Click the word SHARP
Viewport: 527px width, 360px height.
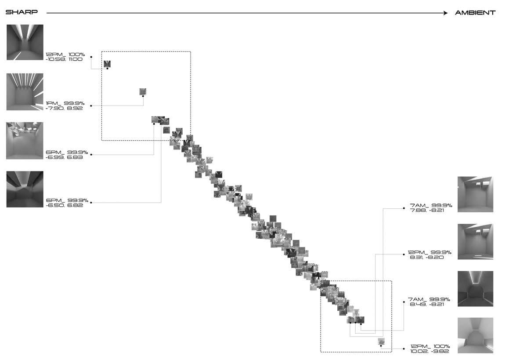coord(22,13)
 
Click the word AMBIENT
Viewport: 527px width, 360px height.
coord(475,13)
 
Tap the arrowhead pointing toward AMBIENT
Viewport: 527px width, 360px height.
coord(445,13)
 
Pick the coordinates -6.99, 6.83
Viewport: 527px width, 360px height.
coord(64,157)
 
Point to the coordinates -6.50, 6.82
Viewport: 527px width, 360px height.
coord(64,205)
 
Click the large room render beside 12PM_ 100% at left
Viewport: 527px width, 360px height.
coord(25,42)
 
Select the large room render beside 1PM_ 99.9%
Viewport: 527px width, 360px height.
coord(25,91)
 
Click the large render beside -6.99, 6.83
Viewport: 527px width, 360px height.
coord(25,141)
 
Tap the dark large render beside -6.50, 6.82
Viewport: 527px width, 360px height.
coord(25,189)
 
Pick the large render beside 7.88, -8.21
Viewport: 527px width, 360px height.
coord(475,194)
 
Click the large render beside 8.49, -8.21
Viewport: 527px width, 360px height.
coord(475,288)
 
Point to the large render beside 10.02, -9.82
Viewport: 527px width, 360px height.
coord(475,335)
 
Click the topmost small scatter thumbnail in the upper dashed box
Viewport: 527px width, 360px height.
coord(107,64)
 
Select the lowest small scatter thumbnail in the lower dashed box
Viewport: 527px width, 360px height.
coord(381,342)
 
